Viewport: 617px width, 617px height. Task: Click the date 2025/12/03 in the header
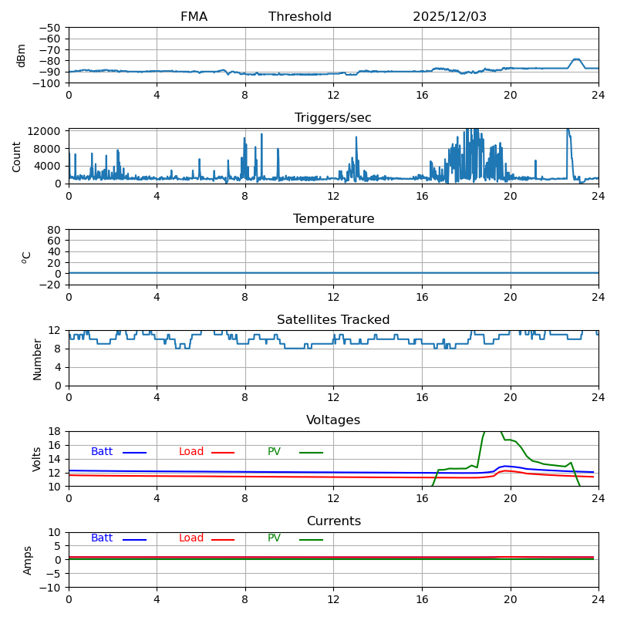pos(450,17)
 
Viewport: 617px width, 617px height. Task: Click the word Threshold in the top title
pos(300,17)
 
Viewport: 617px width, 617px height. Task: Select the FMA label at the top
pos(194,17)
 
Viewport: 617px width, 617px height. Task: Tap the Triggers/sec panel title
pos(333,118)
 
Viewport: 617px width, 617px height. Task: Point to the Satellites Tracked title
pos(333,320)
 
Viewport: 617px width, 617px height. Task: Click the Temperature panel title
pos(333,219)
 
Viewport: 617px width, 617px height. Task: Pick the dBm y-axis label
pos(22,56)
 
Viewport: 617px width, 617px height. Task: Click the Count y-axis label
pos(17,157)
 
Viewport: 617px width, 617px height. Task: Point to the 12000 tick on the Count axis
pos(46,132)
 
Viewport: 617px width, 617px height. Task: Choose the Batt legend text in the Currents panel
pos(102,538)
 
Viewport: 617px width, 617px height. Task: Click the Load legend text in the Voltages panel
pos(191,452)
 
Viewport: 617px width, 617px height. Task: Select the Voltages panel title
pos(333,420)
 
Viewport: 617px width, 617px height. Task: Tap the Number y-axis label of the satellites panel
pos(37,359)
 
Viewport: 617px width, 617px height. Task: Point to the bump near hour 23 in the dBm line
pos(576,59)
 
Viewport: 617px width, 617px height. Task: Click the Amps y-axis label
pos(28,560)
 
